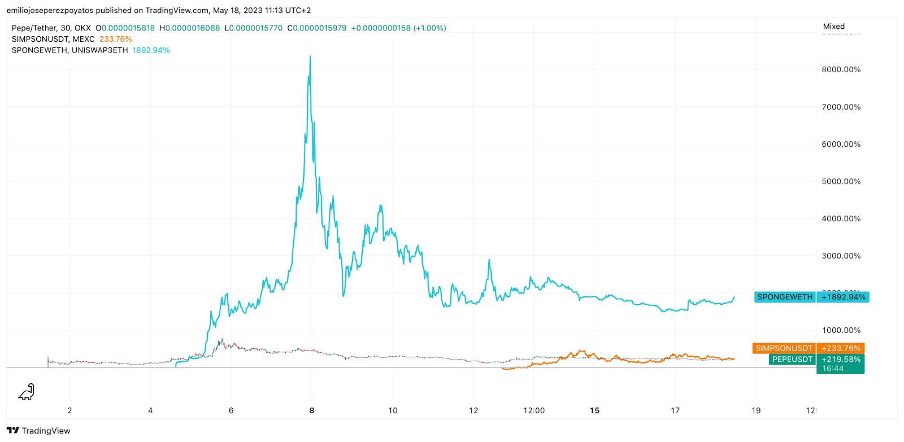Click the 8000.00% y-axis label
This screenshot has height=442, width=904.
(841, 69)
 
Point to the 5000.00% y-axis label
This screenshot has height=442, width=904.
(841, 181)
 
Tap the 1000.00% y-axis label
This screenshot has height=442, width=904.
(841, 330)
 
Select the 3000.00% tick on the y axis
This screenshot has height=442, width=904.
(841, 256)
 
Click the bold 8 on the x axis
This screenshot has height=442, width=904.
(312, 410)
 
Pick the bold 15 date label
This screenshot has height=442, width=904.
(594, 410)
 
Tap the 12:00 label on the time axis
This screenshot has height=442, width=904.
(534, 410)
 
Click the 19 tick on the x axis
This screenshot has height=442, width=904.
(756, 410)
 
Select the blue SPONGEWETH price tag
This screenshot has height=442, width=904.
(785, 297)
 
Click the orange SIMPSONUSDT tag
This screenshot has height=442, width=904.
(784, 348)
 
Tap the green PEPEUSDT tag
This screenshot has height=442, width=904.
(792, 359)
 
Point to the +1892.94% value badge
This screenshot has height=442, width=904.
(843, 297)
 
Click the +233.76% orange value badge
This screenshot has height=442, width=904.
(841, 348)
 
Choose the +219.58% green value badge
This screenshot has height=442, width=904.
(841, 359)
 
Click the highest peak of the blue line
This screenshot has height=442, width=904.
(310, 56)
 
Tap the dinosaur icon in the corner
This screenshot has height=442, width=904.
(27, 392)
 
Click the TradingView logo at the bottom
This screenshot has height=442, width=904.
(38, 431)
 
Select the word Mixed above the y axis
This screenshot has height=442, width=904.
(833, 26)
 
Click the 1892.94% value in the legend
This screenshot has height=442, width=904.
(151, 50)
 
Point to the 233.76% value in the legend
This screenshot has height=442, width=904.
(115, 39)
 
